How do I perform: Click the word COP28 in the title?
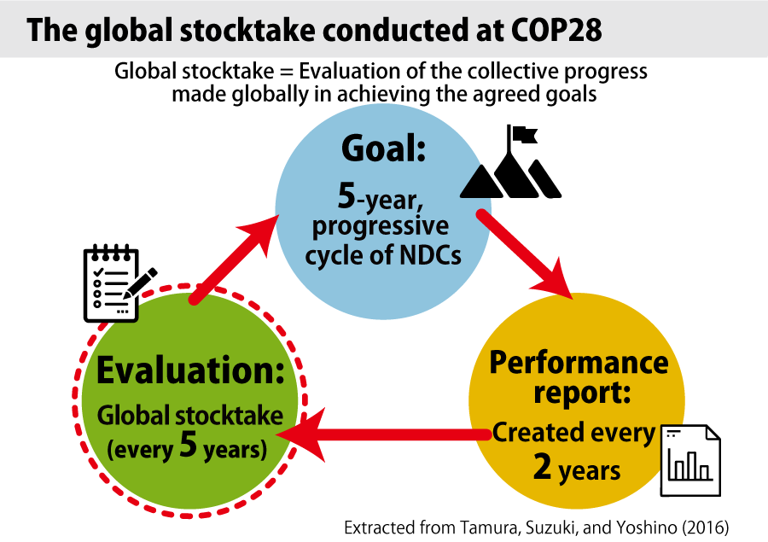point(557,30)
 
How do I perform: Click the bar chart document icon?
point(690,460)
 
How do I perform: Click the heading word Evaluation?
point(190,370)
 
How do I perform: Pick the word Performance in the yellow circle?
point(579,363)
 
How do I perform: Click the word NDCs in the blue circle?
point(431,255)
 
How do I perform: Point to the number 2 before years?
point(543,467)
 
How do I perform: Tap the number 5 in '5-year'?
point(346,195)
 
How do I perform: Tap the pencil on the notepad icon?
point(140,283)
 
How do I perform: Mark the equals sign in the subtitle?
point(287,72)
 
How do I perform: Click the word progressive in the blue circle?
point(381,226)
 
